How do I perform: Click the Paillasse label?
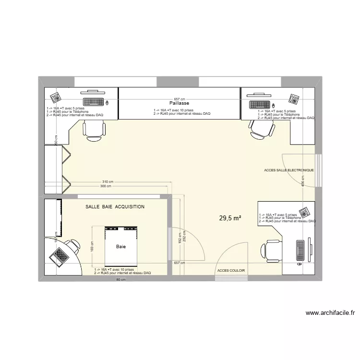pyautogui.click(x=179, y=103)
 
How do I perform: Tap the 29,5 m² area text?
pyautogui.click(x=230, y=218)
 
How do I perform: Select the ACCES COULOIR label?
pyautogui.click(x=231, y=270)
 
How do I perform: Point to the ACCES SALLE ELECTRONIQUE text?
pyautogui.click(x=288, y=170)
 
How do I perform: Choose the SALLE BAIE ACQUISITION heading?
pyautogui.click(x=115, y=207)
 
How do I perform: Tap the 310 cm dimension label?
pyautogui.click(x=108, y=182)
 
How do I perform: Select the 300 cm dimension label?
pyautogui.click(x=106, y=186)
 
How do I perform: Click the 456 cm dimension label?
pyautogui.click(x=302, y=180)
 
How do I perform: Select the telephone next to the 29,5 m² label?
pyautogui.click(x=303, y=212)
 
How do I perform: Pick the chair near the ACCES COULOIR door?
pyautogui.click(x=269, y=251)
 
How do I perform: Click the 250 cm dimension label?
pyautogui.click(x=56, y=139)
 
